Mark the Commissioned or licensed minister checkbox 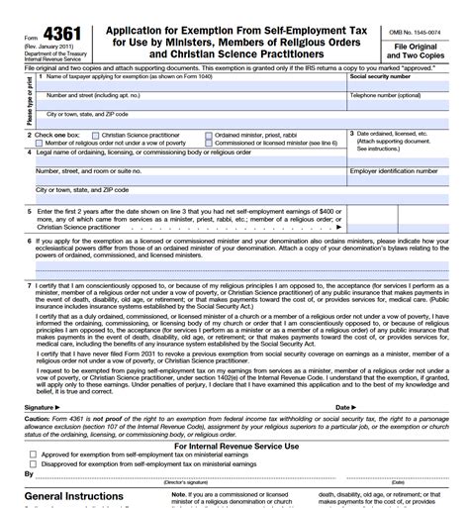tap(209, 142)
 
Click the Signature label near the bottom tap(39, 407)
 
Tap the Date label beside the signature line tap(343, 407)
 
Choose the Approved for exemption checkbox tap(34, 455)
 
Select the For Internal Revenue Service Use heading tap(234, 446)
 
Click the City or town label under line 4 tap(81, 189)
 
